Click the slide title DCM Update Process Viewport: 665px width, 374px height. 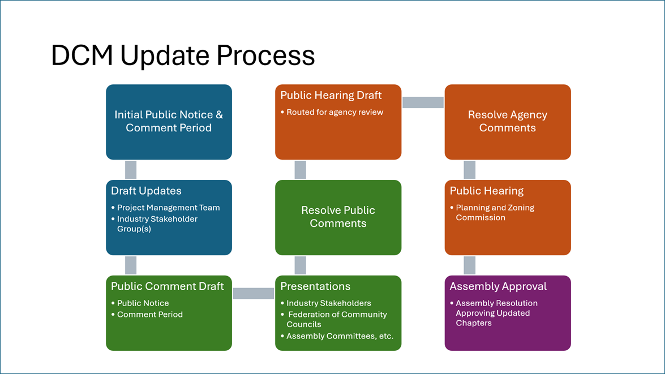click(183, 56)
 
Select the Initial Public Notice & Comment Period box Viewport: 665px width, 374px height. click(169, 122)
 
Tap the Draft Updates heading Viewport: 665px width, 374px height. click(146, 191)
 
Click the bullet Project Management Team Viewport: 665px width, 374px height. click(168, 208)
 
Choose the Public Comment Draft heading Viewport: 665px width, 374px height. click(168, 286)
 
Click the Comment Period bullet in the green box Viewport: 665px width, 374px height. click(149, 315)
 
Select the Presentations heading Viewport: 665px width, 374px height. click(315, 286)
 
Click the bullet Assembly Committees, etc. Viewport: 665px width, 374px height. click(340, 336)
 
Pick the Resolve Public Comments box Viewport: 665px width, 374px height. click(338, 217)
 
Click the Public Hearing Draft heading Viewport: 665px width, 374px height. click(331, 96)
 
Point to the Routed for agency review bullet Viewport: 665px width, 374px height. click(334, 112)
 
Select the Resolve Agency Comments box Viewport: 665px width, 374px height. click(507, 122)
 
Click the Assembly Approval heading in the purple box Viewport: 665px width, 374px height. click(498, 286)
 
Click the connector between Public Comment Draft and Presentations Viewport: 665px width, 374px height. click(254, 293)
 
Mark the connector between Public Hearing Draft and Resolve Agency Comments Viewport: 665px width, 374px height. click(423, 102)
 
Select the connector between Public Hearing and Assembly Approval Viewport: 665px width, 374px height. click(469, 265)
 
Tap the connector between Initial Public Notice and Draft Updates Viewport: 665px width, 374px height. click(131, 170)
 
